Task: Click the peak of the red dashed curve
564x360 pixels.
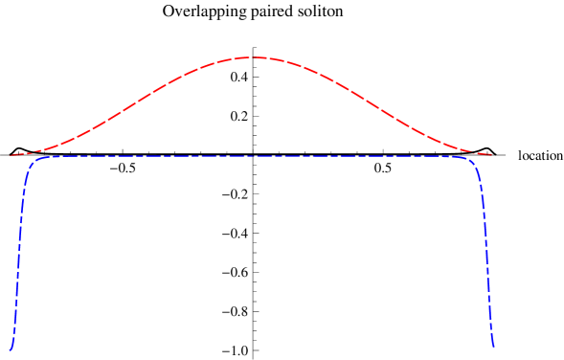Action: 253,57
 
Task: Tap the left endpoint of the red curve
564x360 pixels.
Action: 10,155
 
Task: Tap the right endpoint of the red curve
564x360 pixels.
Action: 491,154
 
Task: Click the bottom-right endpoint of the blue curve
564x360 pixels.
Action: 492,347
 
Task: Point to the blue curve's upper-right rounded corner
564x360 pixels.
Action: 472,162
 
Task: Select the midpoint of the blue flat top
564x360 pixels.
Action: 253,156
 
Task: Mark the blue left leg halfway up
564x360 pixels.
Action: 19,254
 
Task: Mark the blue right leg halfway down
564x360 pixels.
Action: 486,254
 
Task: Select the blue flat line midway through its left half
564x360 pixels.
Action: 144,156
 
